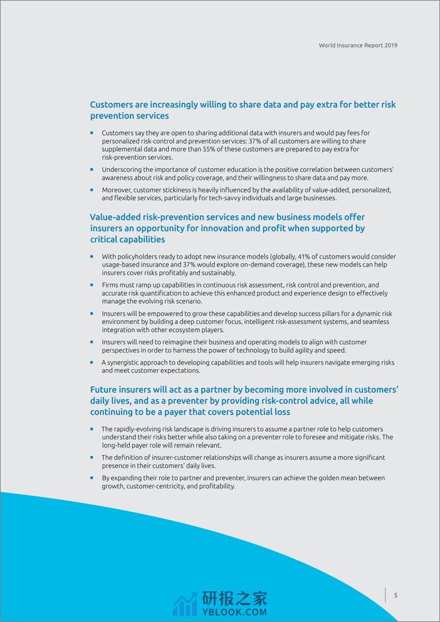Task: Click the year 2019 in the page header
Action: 390,45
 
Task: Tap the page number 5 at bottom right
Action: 395,595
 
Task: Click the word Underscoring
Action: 123,170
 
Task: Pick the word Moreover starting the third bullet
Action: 117,190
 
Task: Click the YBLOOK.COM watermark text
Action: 234,612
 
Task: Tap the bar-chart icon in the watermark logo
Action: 185,604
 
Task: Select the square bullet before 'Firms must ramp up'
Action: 92,285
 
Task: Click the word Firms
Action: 110,285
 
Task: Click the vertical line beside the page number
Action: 385,595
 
